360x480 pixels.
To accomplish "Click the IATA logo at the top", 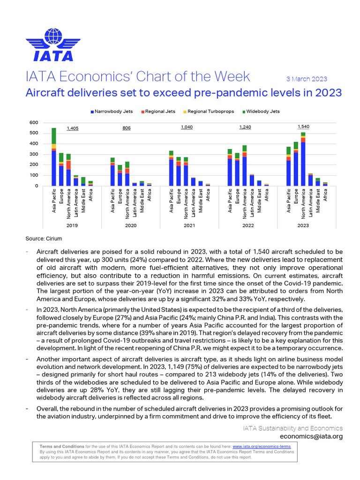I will [59, 45].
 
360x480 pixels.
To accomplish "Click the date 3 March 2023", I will [306, 79].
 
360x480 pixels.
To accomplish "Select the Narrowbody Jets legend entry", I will [113, 111].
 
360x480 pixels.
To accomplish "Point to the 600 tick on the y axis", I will [33, 123].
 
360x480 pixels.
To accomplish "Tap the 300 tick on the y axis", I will [33, 154].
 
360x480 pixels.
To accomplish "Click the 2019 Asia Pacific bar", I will [54, 157].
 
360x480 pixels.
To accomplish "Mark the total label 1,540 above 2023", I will [303, 127].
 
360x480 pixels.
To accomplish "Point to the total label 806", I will [127, 128].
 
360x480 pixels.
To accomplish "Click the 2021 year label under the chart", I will [189, 226].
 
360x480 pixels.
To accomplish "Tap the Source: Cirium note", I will [44, 239].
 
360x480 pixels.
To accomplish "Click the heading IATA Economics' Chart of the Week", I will [138, 76].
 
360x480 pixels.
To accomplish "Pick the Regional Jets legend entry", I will [159, 111].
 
